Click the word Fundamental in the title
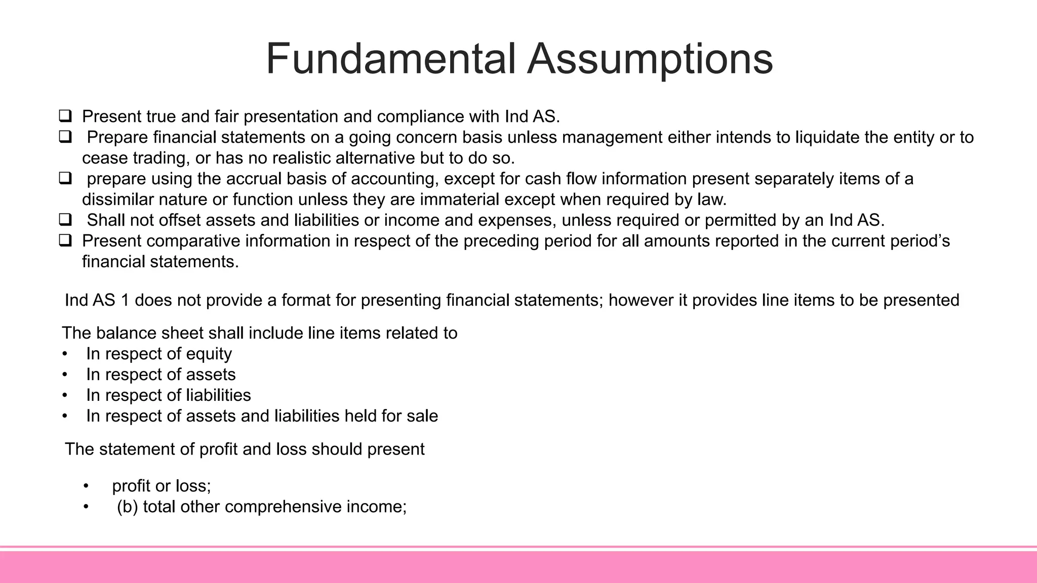tap(390, 59)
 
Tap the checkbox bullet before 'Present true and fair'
tap(65, 116)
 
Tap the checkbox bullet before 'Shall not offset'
tap(65, 220)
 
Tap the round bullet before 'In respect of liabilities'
tap(65, 395)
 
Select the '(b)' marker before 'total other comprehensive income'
tap(128, 507)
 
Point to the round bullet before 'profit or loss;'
tap(86, 486)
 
